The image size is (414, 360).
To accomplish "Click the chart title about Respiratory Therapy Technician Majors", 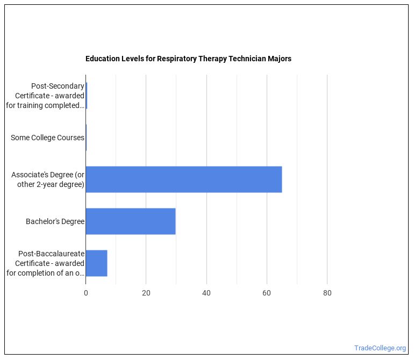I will point(188,59).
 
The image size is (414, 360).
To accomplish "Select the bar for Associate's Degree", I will point(183,179).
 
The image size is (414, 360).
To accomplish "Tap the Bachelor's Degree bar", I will point(131,221).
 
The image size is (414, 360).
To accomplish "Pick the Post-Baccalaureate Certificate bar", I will point(96,263).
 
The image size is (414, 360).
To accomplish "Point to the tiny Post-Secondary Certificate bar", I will point(87,96).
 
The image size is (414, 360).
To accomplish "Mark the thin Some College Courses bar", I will point(86,138).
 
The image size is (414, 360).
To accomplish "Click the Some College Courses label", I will point(47,138).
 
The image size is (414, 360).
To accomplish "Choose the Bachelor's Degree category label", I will point(55,221).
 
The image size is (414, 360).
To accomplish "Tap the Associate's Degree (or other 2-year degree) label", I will point(48,179).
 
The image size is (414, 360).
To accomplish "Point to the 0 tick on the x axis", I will point(85,293).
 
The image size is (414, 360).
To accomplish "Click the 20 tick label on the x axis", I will point(146,293).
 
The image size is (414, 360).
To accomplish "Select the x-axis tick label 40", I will point(206,293).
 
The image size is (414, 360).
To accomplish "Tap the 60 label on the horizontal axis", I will point(267,293).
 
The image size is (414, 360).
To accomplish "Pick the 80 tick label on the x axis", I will point(327,293).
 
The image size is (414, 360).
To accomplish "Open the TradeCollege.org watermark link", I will point(380,348).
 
